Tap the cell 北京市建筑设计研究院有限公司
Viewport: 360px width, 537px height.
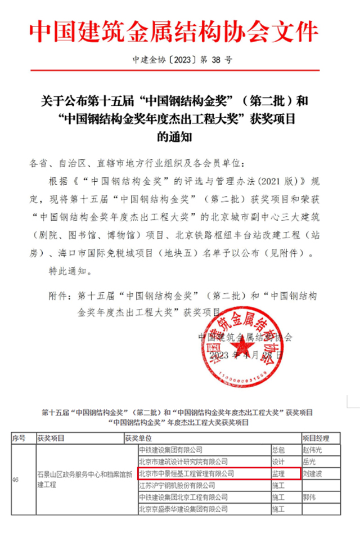[x=183, y=462]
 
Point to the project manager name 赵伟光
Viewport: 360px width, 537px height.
[x=314, y=450]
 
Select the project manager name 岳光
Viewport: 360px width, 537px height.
[x=310, y=462]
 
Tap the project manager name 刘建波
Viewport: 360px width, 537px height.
[x=314, y=473]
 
